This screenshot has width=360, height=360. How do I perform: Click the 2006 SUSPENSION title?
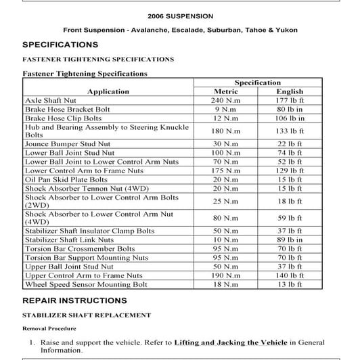[x=180, y=15]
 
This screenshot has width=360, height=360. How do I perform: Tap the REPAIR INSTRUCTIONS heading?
[x=74, y=300]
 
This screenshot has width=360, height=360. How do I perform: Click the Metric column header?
[x=226, y=91]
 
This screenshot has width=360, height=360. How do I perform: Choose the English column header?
[x=290, y=91]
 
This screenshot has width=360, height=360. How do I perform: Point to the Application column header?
[x=108, y=91]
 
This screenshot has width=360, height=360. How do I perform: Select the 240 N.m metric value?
[x=226, y=100]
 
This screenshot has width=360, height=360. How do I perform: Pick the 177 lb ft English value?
[x=290, y=100]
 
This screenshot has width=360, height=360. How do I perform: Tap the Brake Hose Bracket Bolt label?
[x=68, y=109]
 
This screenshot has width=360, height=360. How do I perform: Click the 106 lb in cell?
[x=290, y=118]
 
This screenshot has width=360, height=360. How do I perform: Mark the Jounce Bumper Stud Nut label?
[x=70, y=143]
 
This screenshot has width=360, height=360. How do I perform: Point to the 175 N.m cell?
[x=226, y=171]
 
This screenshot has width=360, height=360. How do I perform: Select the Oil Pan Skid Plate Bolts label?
[x=66, y=179]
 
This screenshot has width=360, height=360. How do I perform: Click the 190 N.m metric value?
[x=226, y=275]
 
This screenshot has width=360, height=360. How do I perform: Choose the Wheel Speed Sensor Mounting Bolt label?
[x=86, y=284]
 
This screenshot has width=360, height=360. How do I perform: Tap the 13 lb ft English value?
[x=290, y=284]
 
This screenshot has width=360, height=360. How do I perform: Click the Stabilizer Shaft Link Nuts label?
[x=69, y=240]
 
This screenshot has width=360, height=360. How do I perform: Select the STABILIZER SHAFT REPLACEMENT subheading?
[x=87, y=315]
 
